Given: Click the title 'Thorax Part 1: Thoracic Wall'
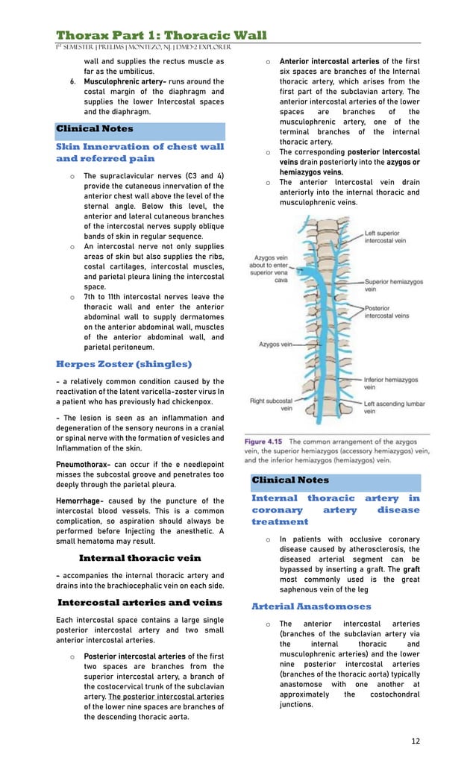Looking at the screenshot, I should click(161, 35).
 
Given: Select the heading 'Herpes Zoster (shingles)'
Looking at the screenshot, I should click(124, 364).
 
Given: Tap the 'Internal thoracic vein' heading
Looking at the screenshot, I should click(140, 558).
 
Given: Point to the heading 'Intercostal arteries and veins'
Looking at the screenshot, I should click(140, 602).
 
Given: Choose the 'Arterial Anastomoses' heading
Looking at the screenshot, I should click(311, 606).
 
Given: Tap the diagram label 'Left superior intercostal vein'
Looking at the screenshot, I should click(385, 236).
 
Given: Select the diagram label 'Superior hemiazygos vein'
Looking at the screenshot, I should click(393, 287).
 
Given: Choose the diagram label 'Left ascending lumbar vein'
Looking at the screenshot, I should click(394, 407).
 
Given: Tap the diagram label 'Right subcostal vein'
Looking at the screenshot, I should click(271, 404).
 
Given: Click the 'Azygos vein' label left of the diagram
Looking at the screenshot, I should click(275, 345).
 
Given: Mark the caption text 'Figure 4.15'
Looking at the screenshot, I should click(265, 441).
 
